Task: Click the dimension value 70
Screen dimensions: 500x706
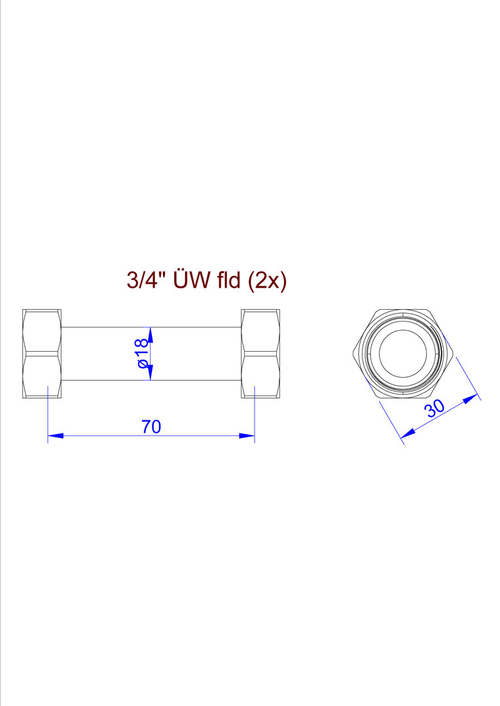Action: point(151,426)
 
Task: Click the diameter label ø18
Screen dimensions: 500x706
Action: point(142,354)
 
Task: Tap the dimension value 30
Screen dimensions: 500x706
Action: point(434,409)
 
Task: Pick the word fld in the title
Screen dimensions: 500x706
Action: point(228,280)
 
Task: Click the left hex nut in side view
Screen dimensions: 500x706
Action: point(42,354)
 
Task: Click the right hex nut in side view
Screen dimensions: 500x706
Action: point(260,354)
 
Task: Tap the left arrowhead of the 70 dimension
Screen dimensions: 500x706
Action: point(55,435)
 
